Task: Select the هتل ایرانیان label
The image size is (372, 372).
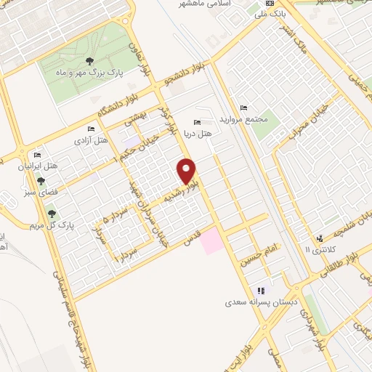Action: (x=37, y=166)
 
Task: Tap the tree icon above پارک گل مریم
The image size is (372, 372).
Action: (x=52, y=212)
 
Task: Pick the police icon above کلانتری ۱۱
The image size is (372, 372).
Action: (x=320, y=238)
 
